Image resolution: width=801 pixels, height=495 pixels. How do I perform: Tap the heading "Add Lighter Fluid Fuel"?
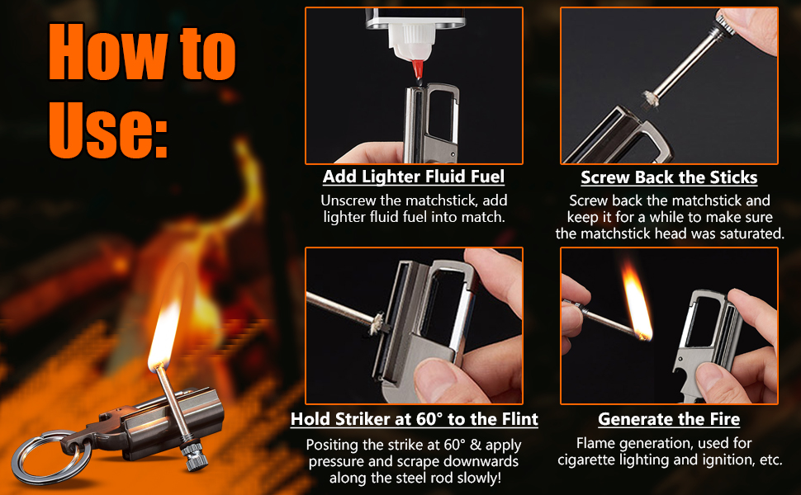click(413, 177)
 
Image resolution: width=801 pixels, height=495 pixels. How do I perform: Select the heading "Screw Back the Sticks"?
click(669, 177)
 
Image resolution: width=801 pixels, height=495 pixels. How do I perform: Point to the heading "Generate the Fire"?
click(669, 419)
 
